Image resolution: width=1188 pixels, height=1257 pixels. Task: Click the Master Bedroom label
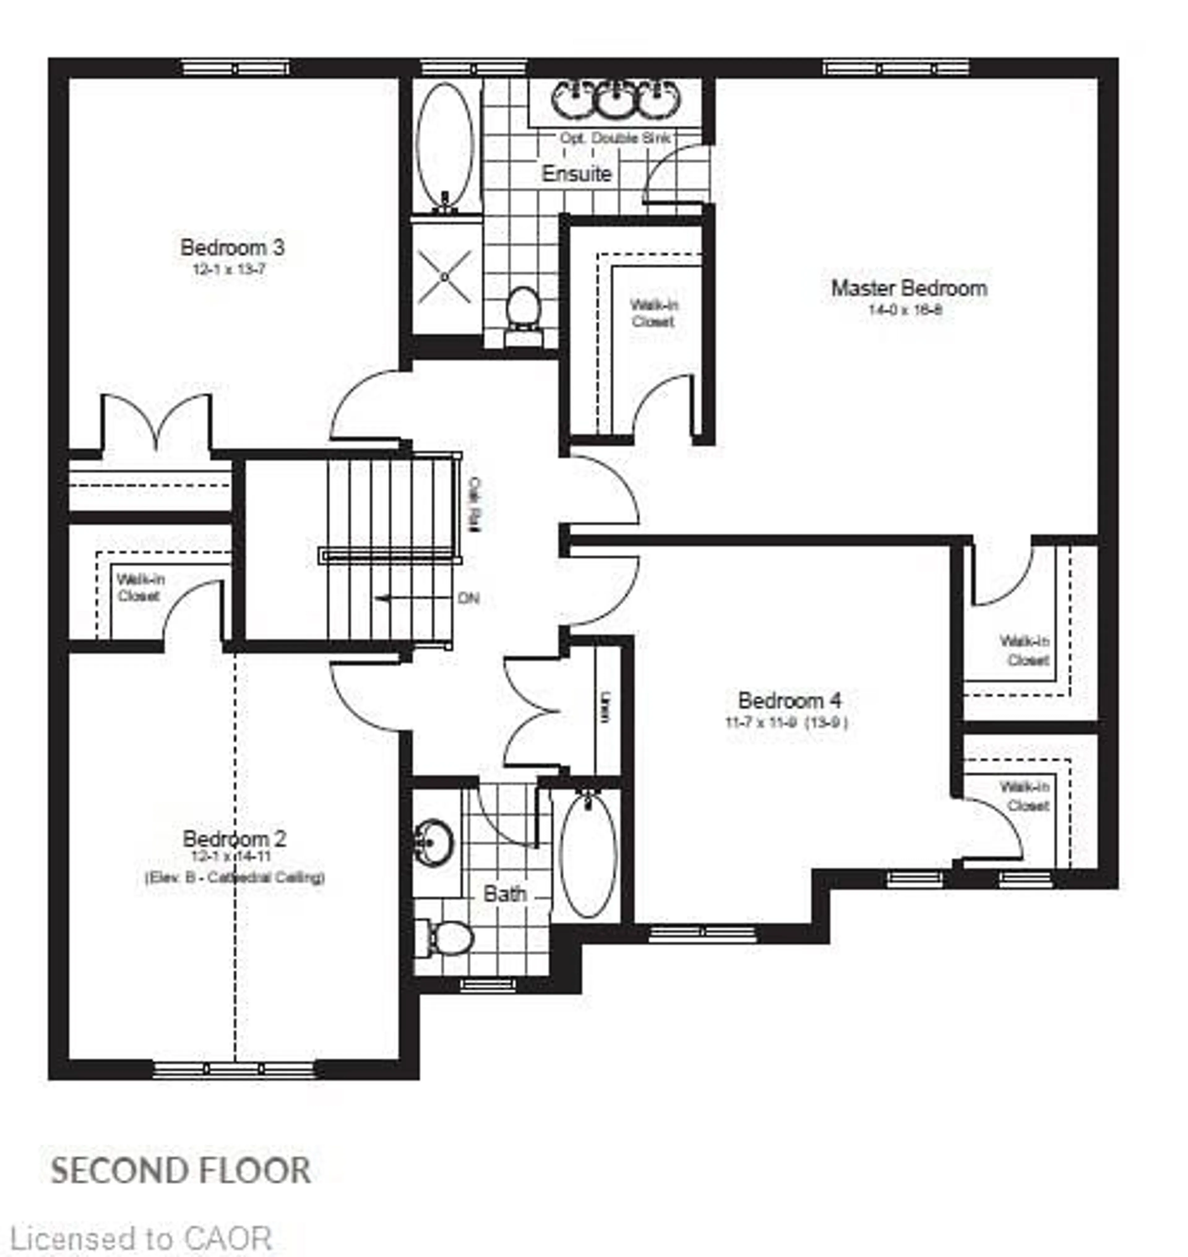[x=909, y=289]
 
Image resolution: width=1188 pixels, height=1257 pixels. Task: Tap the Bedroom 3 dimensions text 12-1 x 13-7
[x=229, y=269]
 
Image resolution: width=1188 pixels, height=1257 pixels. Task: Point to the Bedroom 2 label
[x=234, y=839]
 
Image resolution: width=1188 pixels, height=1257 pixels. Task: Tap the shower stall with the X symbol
[x=445, y=277]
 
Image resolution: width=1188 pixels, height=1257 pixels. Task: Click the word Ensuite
[x=576, y=174]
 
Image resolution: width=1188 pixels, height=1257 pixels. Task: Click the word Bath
[x=505, y=894]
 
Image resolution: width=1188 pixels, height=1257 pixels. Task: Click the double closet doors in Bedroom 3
[x=157, y=423]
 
